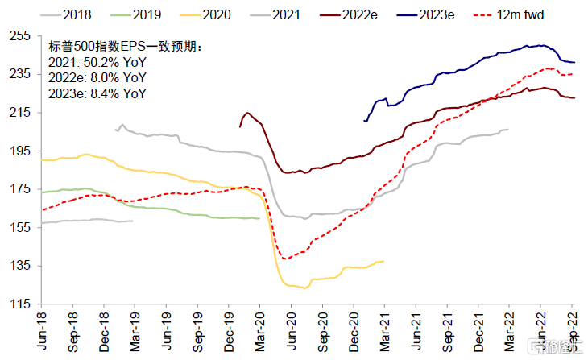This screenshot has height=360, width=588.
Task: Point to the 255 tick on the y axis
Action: coord(20,35)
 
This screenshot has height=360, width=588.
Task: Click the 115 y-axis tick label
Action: coord(20,304)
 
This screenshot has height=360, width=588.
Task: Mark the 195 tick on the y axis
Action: coord(20,151)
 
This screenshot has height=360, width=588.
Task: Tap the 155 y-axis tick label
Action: coord(20,228)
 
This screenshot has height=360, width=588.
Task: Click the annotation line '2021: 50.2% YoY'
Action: coord(97,63)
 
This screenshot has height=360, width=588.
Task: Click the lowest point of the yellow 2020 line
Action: coord(304,288)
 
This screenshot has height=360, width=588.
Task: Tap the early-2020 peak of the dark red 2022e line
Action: coord(246,113)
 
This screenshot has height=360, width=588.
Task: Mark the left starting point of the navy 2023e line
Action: coord(365,121)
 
